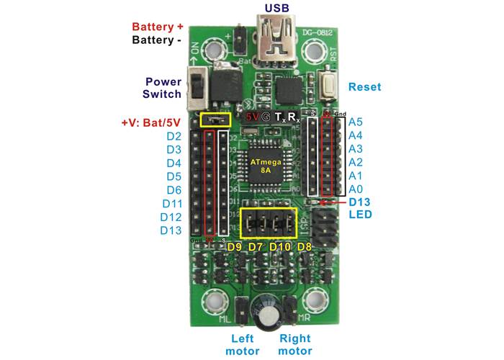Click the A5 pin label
355,122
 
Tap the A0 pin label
355,189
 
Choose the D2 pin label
174,136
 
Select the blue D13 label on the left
171,230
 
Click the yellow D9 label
234,248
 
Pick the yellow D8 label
305,248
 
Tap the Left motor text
245,344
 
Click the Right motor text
295,344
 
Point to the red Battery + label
158,27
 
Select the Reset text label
364,87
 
